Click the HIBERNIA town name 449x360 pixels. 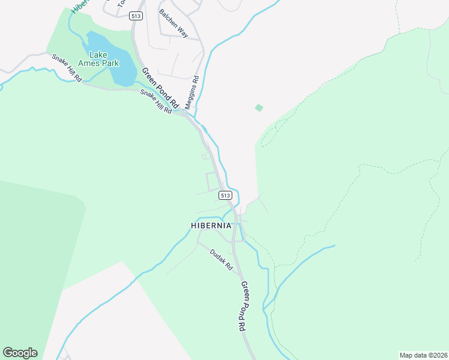click(x=211, y=226)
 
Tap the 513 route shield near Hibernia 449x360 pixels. click(x=225, y=196)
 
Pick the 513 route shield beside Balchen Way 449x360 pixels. click(x=136, y=16)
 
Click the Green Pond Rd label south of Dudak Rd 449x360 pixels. click(x=243, y=306)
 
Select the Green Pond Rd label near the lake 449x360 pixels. click(x=161, y=88)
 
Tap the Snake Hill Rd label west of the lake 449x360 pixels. click(x=66, y=68)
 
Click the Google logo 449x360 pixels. click(x=20, y=353)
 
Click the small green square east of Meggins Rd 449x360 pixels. click(x=259, y=108)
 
